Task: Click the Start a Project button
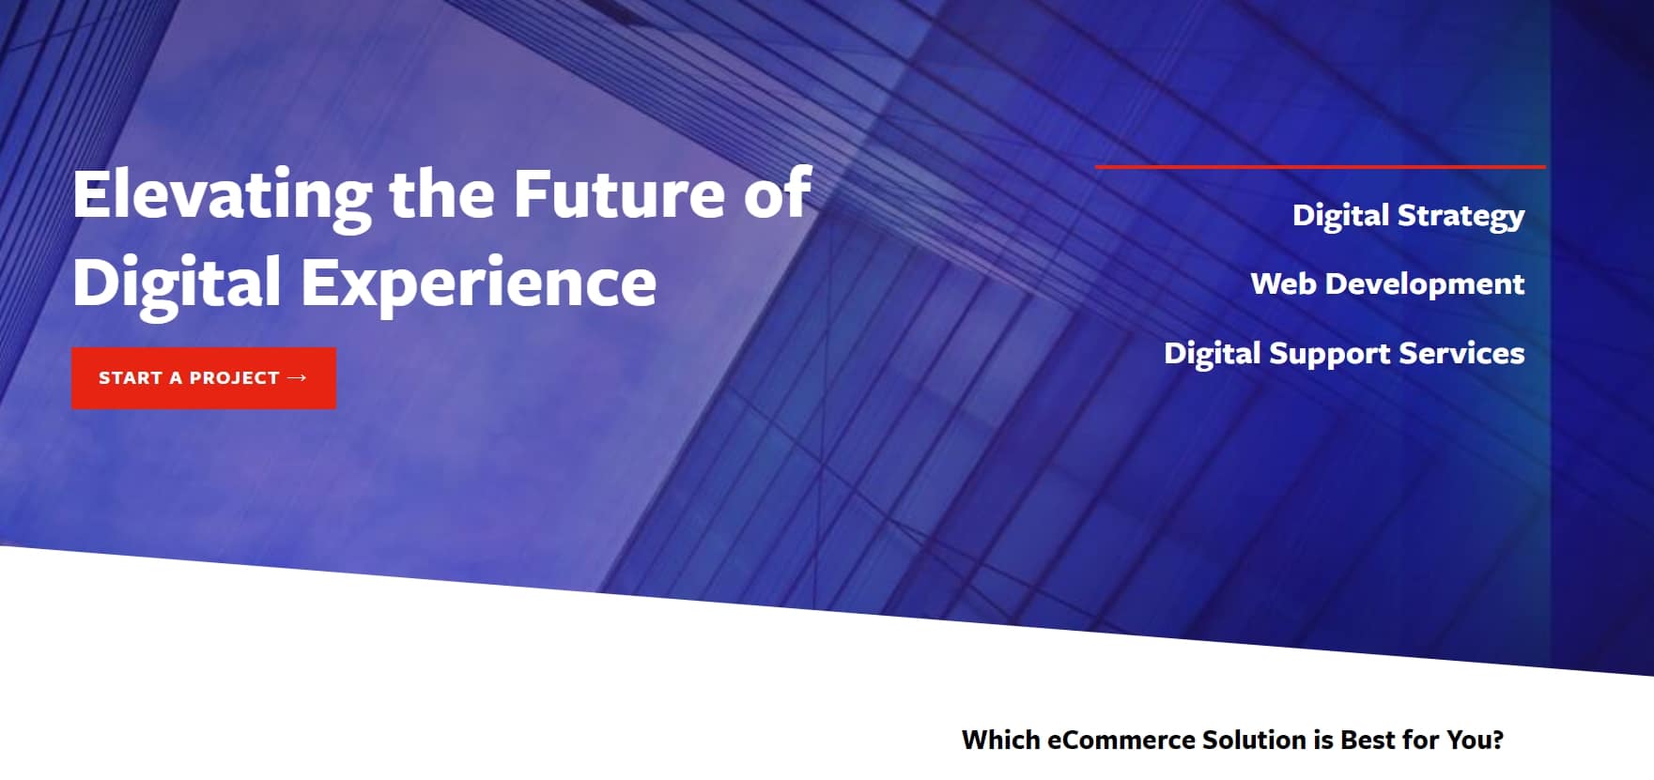click(204, 378)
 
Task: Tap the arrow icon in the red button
click(297, 377)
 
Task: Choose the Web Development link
click(1387, 284)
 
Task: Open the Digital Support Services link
click(1344, 354)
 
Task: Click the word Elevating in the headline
click(223, 195)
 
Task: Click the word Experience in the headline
click(478, 283)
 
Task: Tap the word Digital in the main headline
click(177, 283)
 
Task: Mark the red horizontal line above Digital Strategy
click(1320, 167)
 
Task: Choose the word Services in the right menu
click(1461, 353)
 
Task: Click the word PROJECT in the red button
click(235, 378)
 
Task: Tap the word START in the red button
click(131, 378)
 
